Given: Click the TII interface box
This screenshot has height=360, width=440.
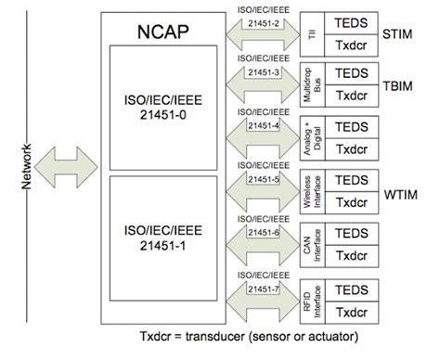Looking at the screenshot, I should click(308, 33).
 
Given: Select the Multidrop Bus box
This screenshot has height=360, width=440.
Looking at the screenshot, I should click(308, 86).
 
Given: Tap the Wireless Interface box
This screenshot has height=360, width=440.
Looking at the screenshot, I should click(308, 192).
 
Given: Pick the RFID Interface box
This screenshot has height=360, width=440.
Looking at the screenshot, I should click(308, 298).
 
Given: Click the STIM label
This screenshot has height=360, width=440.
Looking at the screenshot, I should click(402, 35).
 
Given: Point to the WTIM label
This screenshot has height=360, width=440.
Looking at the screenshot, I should click(403, 196).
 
